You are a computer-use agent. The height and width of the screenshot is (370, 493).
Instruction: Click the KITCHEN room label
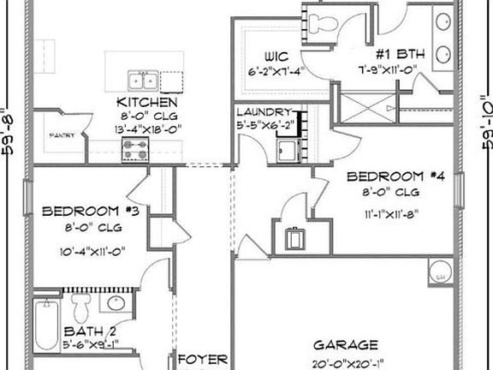(x=146, y=102)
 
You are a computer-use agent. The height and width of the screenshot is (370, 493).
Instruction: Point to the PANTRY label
(x=60, y=135)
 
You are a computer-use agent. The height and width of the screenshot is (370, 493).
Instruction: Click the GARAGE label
(x=344, y=345)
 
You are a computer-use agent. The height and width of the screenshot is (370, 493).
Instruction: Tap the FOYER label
(x=202, y=358)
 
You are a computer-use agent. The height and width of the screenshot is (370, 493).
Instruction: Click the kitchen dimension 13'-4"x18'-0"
(x=146, y=128)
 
